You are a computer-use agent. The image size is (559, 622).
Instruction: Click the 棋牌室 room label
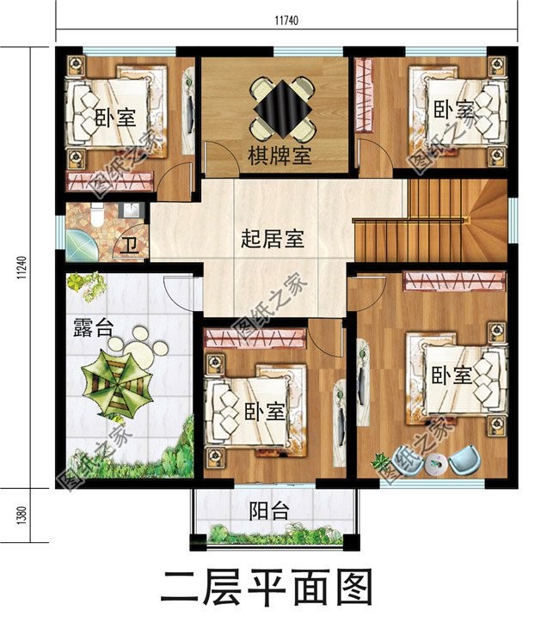click(x=280, y=156)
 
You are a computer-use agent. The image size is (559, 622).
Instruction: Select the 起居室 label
click(x=272, y=239)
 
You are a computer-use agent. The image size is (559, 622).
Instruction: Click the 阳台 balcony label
click(x=268, y=511)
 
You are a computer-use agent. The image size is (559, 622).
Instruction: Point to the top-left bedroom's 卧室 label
click(x=114, y=118)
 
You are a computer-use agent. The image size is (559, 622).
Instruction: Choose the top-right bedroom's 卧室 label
click(x=453, y=110)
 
